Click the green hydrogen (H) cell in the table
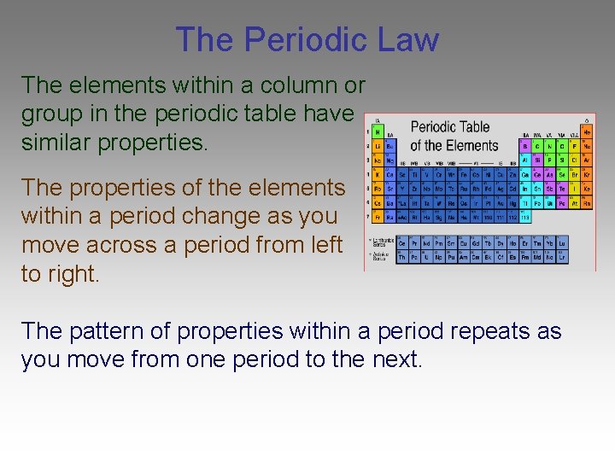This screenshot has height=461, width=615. [377, 133]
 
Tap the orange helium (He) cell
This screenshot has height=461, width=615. [587, 133]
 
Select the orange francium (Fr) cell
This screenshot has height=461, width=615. [377, 218]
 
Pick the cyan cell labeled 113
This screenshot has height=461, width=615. [524, 218]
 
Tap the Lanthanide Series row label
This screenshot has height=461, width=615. [380, 243]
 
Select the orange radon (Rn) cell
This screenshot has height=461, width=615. [587, 203]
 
